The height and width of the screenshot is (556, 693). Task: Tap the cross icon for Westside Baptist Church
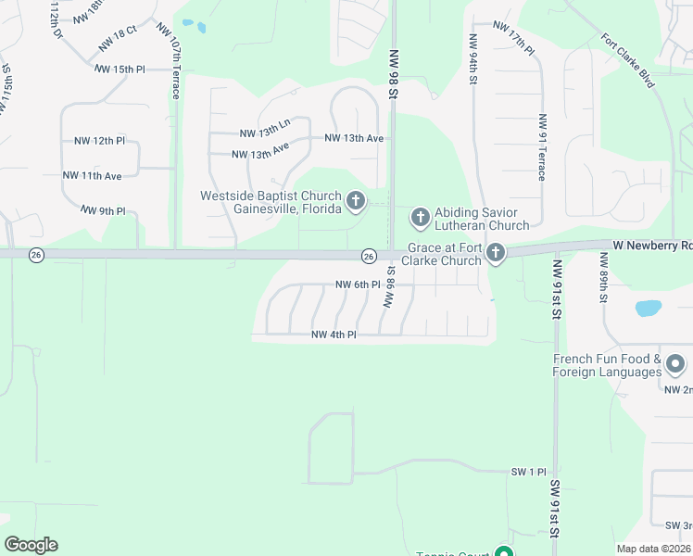pos(355,200)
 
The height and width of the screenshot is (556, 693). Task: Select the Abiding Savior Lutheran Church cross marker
pos(420,218)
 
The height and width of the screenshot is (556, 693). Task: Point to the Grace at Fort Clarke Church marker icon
pos(497,253)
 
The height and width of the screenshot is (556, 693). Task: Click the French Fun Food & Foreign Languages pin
pos(675,365)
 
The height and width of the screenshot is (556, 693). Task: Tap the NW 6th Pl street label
pos(358,284)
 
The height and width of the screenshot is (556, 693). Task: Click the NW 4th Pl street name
pos(334,335)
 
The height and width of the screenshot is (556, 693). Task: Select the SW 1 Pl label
pos(531,472)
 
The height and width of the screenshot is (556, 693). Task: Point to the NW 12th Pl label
pos(99,141)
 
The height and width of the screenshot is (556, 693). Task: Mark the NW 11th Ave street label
pos(93,175)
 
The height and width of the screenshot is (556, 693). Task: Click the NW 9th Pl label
pos(102,210)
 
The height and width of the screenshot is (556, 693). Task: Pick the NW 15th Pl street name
pos(120,69)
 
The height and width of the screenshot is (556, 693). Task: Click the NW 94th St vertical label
pos(473,59)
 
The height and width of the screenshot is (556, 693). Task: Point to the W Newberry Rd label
pos(651,246)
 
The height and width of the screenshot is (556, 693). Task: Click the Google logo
pos(31,545)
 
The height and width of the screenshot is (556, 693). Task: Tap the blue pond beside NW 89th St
pos(649,308)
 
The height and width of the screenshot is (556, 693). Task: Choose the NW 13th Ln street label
pos(265,133)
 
